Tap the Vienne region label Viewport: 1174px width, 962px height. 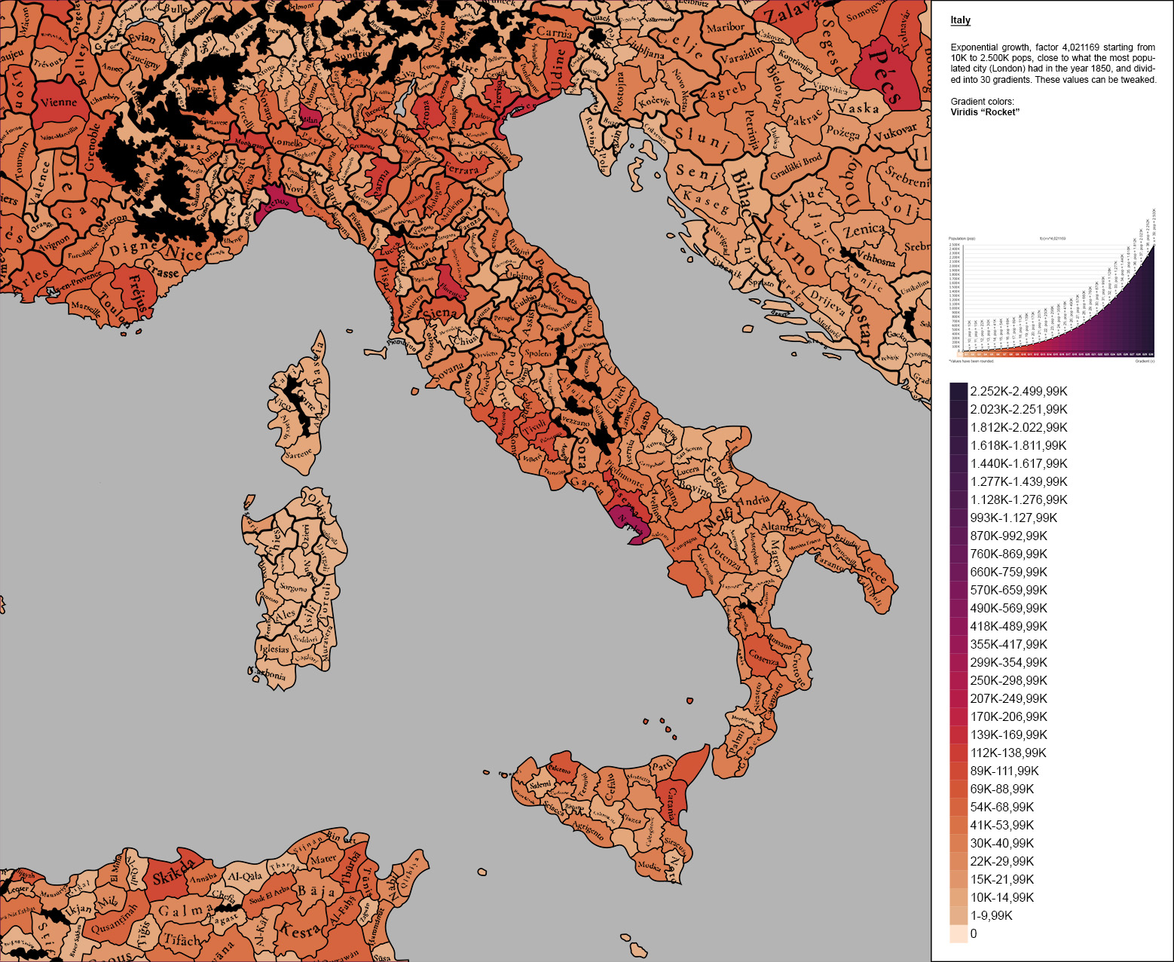[59, 102]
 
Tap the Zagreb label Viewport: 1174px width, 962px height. [722, 93]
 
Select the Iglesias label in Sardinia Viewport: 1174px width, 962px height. [274, 649]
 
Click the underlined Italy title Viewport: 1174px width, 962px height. [960, 20]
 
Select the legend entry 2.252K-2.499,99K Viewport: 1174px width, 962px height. [1018, 391]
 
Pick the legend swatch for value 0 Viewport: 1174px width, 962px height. [958, 933]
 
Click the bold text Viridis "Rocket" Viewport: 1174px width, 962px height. [985, 112]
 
